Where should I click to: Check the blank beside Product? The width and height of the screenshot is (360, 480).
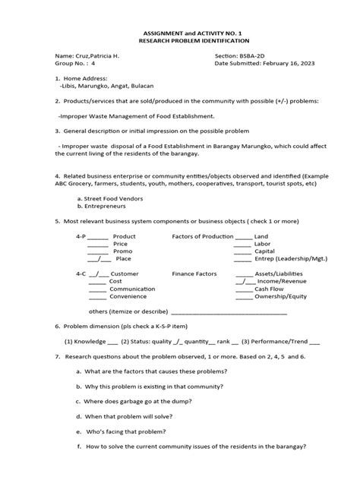point(98,236)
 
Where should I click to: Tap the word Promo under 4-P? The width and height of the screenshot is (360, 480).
point(122,251)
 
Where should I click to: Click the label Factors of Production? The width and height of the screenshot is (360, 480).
point(202,236)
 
